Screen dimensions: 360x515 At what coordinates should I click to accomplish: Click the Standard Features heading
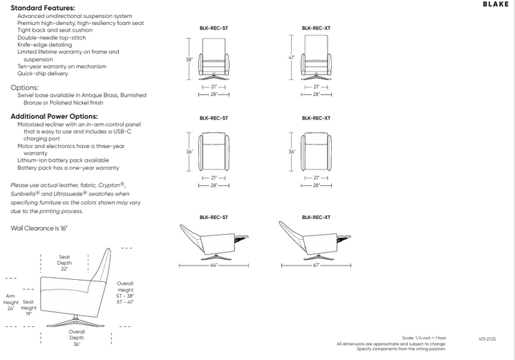tap(43, 8)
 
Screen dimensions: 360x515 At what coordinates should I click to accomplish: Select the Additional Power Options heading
tap(54, 116)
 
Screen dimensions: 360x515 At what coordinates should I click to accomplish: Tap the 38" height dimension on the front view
tap(190, 59)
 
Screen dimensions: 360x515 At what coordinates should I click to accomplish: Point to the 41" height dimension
tap(293, 57)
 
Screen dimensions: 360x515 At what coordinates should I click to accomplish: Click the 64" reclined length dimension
tap(214, 265)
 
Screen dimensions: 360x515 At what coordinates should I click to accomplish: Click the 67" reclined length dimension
tap(316, 265)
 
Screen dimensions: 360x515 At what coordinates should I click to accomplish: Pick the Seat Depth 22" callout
tap(64, 263)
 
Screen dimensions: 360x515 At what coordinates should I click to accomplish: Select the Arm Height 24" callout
tap(11, 301)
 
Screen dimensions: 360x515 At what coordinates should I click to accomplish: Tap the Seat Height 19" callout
tap(29, 308)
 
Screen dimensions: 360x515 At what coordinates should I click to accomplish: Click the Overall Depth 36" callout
tap(77, 338)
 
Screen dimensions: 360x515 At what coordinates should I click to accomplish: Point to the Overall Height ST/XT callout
tap(125, 293)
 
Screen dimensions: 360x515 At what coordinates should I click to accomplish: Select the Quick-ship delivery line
tap(43, 74)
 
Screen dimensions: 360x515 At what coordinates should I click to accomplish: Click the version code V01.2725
tap(488, 338)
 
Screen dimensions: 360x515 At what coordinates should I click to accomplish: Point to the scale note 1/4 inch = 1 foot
tap(425, 338)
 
